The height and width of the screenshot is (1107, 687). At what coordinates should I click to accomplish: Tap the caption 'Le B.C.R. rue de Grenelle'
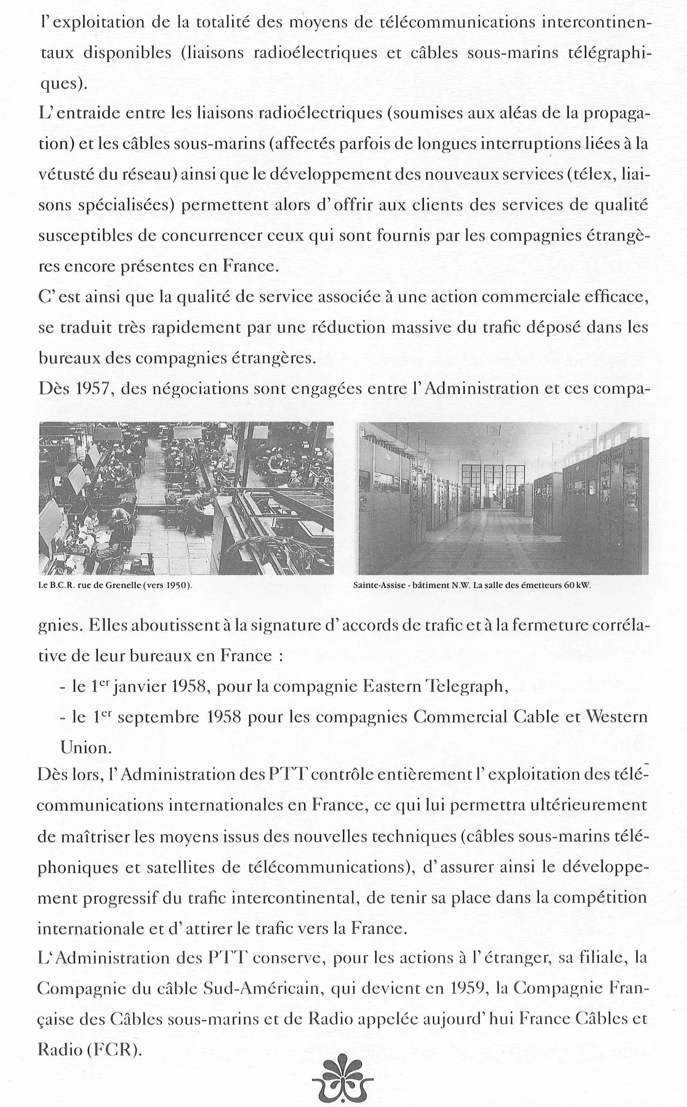click(115, 585)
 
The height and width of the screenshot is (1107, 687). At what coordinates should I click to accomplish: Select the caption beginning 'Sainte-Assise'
click(472, 585)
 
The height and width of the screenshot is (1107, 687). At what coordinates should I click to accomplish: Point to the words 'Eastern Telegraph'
click(434, 686)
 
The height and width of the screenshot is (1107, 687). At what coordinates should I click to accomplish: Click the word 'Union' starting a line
click(85, 747)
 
